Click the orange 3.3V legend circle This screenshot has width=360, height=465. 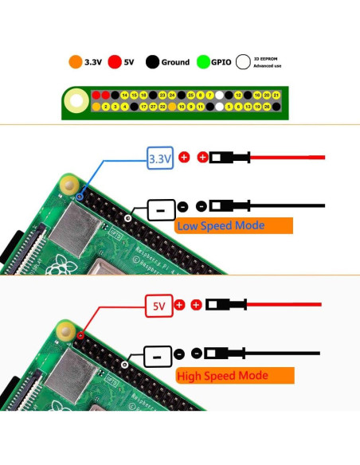click(76, 61)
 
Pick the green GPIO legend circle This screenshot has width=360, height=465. click(203, 61)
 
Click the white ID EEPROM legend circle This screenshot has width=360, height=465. click(241, 61)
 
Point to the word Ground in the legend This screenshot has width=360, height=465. click(174, 61)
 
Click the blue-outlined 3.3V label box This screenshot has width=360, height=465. click(160, 159)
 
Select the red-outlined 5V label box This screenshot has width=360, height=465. click(158, 305)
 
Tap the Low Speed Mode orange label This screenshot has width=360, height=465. click(233, 225)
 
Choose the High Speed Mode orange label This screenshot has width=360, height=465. click(233, 375)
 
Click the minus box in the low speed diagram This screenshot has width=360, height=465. click(161, 210)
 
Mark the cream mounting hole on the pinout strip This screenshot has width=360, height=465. click(77, 101)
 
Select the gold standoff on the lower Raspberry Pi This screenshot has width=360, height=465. click(68, 329)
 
